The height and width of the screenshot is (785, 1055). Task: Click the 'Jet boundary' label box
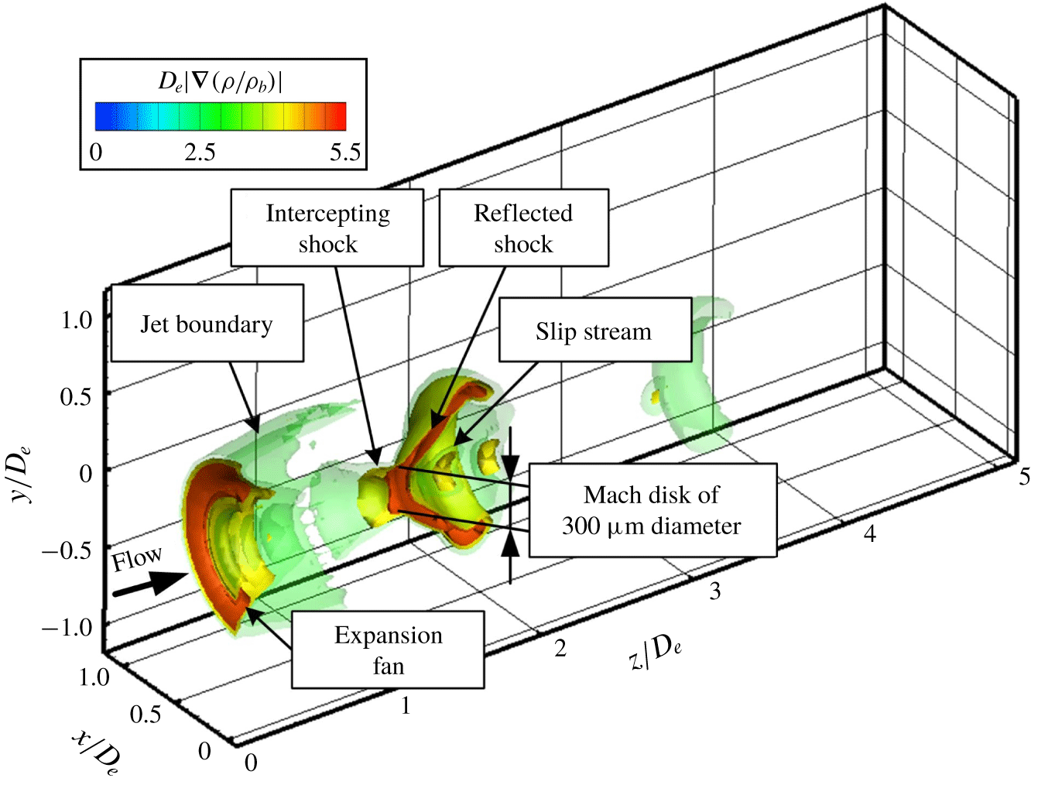tap(207, 323)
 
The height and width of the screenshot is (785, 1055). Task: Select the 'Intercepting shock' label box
tap(327, 228)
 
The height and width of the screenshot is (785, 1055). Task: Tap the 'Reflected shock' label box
tap(524, 228)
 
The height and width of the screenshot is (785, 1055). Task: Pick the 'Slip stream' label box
tap(595, 330)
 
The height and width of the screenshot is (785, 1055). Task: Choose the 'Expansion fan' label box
tap(388, 650)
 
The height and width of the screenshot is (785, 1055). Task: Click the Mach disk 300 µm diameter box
tap(653, 510)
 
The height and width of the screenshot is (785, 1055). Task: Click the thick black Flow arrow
tap(151, 584)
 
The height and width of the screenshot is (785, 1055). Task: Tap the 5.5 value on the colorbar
tap(346, 153)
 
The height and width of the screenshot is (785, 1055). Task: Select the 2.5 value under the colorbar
tap(200, 153)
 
